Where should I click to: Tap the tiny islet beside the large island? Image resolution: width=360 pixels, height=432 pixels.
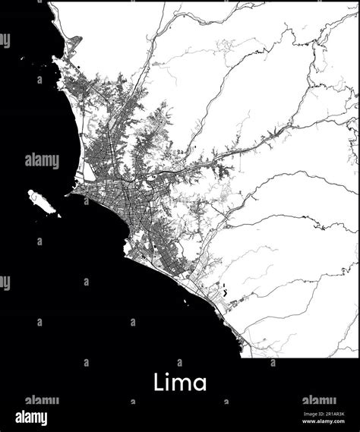coord(58,215)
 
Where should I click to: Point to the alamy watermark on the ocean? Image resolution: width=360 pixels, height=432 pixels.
coord(42,161)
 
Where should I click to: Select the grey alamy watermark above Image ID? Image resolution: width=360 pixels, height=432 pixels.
coord(319,400)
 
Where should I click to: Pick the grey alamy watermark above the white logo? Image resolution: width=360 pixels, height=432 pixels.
coord(42,400)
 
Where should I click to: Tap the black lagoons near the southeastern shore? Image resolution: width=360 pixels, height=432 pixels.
coord(225,289)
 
